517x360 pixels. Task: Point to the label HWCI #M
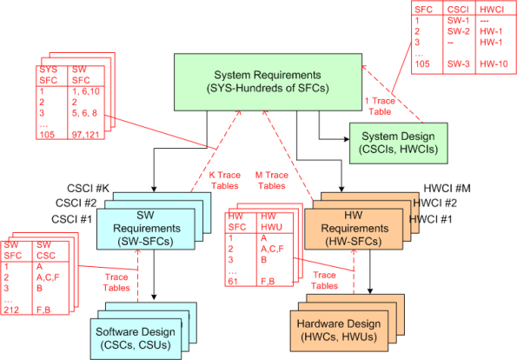point(446,189)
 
